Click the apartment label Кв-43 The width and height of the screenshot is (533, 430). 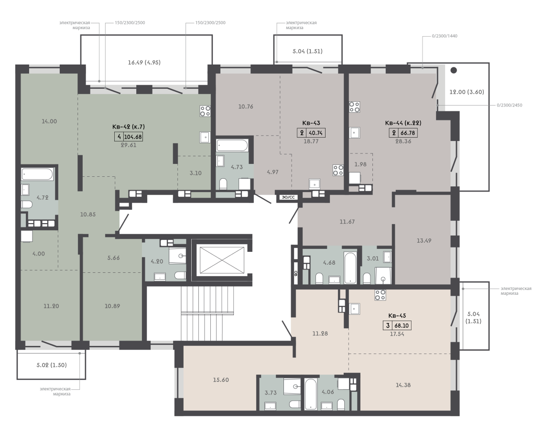311,123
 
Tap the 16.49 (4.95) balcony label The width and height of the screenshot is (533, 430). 144,62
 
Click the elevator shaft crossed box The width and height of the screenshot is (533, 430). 222,260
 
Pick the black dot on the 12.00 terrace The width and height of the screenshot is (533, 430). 454,71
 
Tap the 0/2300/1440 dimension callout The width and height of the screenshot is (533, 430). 445,36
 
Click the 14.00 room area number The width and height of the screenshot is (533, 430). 49,121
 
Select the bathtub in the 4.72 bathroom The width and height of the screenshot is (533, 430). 37,174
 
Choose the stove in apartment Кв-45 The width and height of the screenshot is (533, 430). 380,295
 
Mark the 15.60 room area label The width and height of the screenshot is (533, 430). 221,380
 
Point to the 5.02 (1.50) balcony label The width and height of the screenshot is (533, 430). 52,365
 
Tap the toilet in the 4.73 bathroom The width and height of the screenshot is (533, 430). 223,184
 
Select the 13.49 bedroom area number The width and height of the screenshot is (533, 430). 424,240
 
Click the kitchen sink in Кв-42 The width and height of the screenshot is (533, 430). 205,137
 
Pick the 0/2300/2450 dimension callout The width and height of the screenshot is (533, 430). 509,105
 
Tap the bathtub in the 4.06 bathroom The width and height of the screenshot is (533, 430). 311,394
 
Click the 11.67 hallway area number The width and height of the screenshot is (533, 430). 347,222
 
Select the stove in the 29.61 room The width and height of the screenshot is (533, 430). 205,111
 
